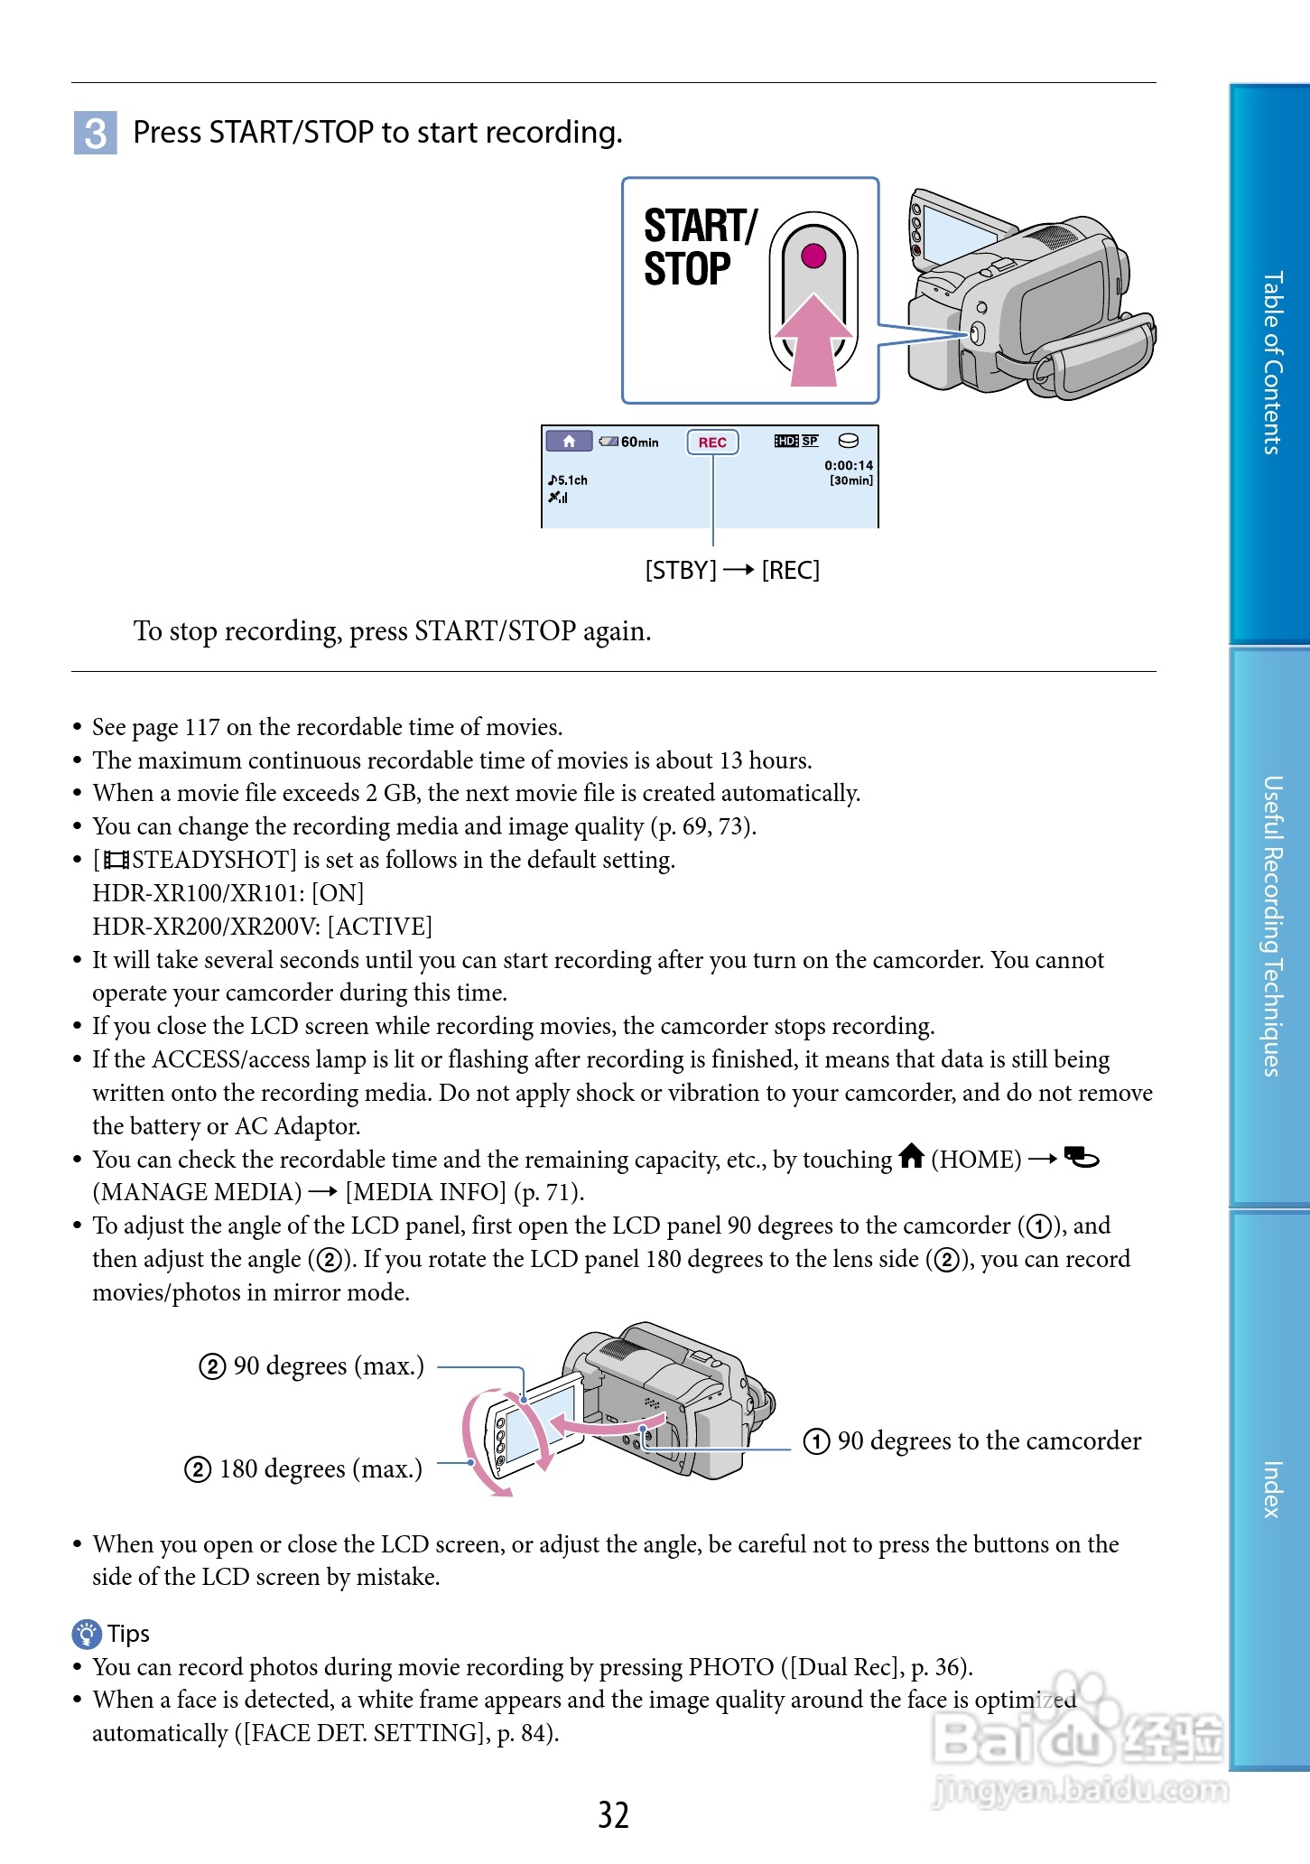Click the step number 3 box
[95, 133]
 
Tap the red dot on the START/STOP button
[813, 256]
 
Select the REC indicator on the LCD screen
[712, 443]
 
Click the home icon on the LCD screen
[569, 441]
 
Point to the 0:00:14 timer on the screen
[848, 465]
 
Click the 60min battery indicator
[629, 442]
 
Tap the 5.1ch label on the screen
[568, 480]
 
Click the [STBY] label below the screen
[681, 571]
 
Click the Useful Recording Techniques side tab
[1271, 926]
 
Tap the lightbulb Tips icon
[87, 1633]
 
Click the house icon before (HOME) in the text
[912, 1156]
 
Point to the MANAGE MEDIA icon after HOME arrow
[1081, 1157]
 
